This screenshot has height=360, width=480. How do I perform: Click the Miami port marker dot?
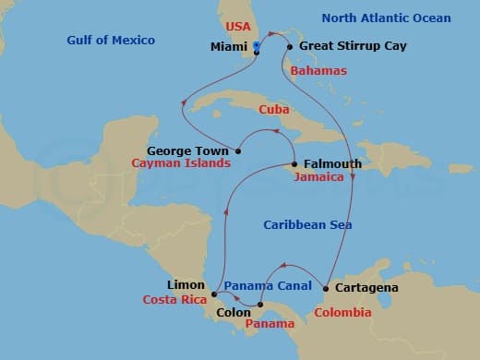click(x=257, y=52)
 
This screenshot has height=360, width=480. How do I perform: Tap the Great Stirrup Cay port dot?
click(x=290, y=46)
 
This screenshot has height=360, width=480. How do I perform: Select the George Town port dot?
click(x=238, y=150)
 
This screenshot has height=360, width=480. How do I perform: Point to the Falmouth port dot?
click(x=294, y=164)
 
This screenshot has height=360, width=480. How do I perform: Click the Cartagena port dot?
click(x=326, y=288)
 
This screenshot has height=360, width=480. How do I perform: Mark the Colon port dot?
click(x=260, y=305)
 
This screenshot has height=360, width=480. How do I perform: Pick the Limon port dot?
click(x=214, y=294)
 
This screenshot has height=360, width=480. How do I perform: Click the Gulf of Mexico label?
click(x=111, y=41)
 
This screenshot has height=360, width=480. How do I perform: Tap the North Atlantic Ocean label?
click(x=387, y=18)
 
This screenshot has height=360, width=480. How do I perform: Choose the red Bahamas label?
click(x=318, y=71)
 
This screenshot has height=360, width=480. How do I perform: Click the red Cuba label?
click(x=274, y=109)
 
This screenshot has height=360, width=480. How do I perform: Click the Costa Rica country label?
click(x=173, y=300)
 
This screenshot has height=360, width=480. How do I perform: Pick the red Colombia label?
click(x=342, y=313)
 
